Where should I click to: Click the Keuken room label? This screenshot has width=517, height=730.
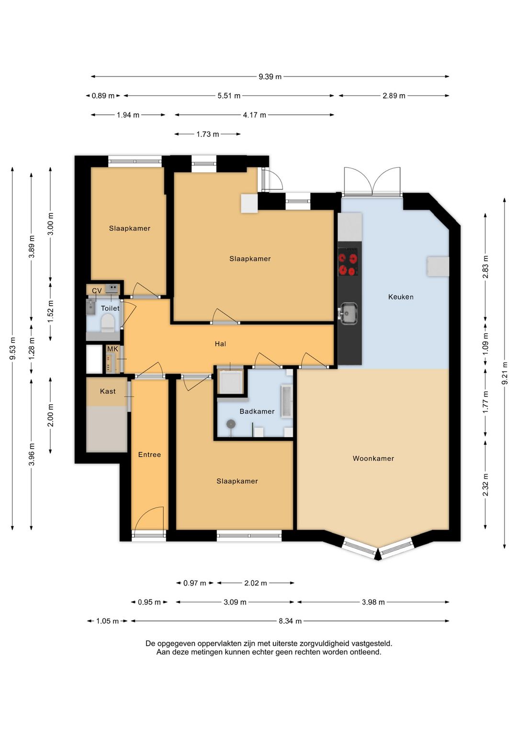[401, 297]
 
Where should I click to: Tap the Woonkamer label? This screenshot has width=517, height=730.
[373, 459]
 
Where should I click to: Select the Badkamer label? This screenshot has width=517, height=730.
[257, 411]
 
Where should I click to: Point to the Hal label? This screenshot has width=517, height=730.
[221, 343]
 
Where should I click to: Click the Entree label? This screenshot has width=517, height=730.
[149, 454]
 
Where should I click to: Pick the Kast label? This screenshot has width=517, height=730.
[108, 391]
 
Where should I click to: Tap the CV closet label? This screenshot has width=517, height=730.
[97, 291]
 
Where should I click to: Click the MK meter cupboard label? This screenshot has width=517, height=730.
[112, 349]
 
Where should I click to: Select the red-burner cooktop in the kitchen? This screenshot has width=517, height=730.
[348, 262]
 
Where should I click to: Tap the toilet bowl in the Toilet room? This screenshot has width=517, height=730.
[107, 323]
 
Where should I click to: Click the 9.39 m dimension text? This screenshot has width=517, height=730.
[270, 77]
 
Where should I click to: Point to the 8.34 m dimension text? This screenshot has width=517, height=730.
[290, 621]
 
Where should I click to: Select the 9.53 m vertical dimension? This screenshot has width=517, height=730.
[12, 349]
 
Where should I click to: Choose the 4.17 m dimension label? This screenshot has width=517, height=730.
[254, 115]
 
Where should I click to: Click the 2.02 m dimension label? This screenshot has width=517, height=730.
[256, 583]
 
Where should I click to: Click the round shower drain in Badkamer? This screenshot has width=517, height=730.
[231, 424]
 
